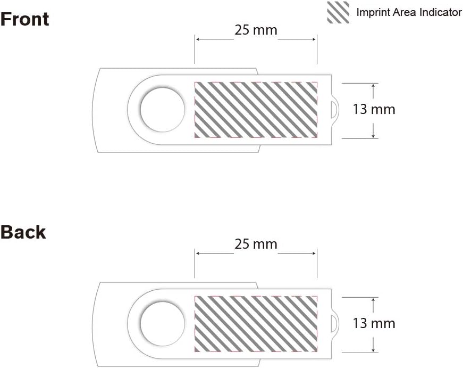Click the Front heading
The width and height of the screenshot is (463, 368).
click(25, 19)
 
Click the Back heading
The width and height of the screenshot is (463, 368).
click(23, 232)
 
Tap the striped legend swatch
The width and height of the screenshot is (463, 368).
click(338, 12)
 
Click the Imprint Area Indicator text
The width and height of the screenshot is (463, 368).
click(409, 12)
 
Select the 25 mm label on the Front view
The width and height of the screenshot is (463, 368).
click(256, 30)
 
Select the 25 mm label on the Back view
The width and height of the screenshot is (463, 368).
click(256, 244)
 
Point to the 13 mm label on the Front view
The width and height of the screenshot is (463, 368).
click(374, 110)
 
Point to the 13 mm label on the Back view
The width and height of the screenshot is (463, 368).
click(374, 323)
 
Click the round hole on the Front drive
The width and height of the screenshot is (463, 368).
click(163, 110)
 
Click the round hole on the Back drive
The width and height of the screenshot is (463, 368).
click(163, 324)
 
